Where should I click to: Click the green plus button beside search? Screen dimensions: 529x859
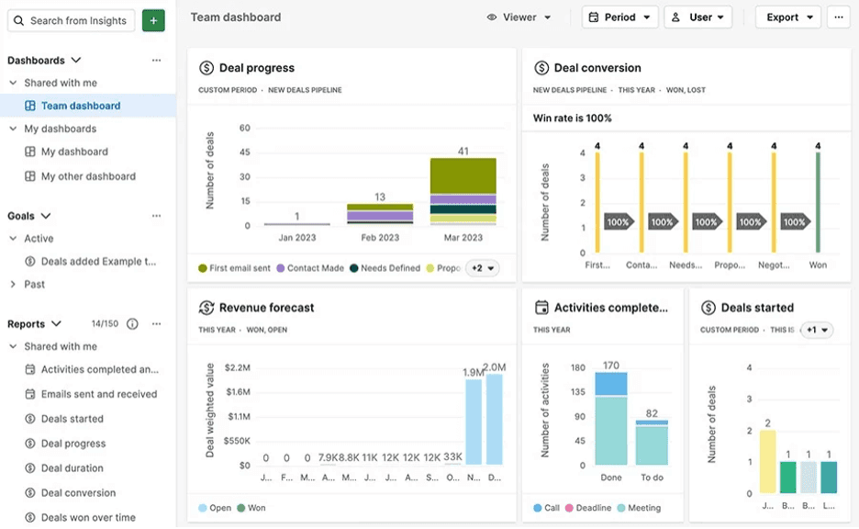[x=154, y=20]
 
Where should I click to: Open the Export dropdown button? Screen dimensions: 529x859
[x=788, y=17]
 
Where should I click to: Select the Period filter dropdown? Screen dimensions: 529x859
[x=619, y=17]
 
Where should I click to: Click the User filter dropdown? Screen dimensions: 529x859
[x=698, y=17]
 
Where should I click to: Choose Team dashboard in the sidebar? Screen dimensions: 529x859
[x=81, y=106]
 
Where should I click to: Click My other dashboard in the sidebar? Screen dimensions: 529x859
[x=88, y=176]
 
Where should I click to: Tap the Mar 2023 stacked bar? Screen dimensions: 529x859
[x=463, y=192]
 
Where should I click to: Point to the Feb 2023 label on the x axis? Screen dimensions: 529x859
[x=379, y=238]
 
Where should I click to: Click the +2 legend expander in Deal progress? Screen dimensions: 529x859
[x=484, y=268]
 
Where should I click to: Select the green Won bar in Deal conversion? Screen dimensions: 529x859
[x=818, y=202]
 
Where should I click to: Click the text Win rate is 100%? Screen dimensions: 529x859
[x=573, y=118]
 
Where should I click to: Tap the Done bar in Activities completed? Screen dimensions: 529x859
[x=610, y=419]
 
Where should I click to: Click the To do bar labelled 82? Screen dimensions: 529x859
[x=652, y=443]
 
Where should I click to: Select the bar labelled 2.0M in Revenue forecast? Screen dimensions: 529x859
[x=495, y=419]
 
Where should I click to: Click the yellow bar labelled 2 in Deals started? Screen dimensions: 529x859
[x=768, y=463]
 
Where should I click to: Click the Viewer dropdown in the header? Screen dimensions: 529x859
[x=519, y=17]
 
